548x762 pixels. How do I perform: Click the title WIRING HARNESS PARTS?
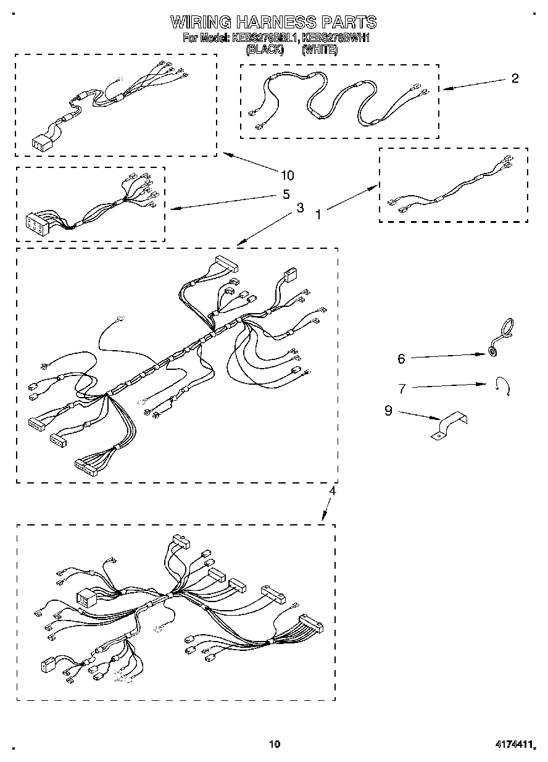pyautogui.click(x=273, y=22)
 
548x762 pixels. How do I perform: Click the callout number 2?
pyautogui.click(x=514, y=78)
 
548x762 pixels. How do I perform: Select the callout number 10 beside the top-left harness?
pyautogui.click(x=287, y=175)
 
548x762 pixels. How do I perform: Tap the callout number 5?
pyautogui.click(x=286, y=195)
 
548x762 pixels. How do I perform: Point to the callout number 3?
pyautogui.click(x=300, y=208)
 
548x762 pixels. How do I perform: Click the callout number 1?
pyautogui.click(x=318, y=214)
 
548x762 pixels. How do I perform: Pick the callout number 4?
pyautogui.click(x=332, y=492)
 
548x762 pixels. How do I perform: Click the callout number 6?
pyautogui.click(x=401, y=358)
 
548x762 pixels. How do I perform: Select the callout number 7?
pyautogui.click(x=402, y=388)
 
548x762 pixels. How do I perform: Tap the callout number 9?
pyautogui.click(x=388, y=411)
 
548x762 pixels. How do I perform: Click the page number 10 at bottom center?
pyautogui.click(x=275, y=745)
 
